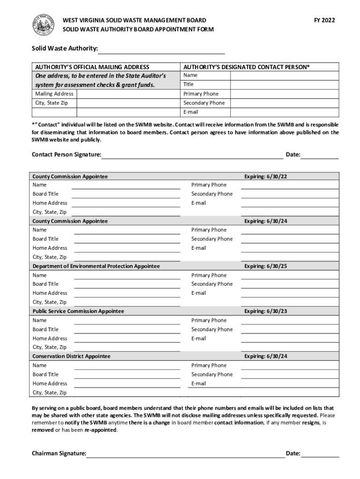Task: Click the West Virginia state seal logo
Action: coord(43,25)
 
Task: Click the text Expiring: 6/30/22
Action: coord(266,176)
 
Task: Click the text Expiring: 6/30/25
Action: coord(266,266)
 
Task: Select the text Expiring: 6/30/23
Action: coord(266,311)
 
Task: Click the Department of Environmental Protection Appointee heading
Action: coord(96,266)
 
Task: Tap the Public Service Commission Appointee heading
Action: coord(78,311)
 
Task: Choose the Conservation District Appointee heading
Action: coord(71,356)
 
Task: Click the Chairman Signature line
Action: coord(186,454)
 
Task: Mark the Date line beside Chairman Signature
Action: coord(320,454)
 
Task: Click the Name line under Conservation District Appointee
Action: coord(127,366)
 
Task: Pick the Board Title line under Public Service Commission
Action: coord(127,330)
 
